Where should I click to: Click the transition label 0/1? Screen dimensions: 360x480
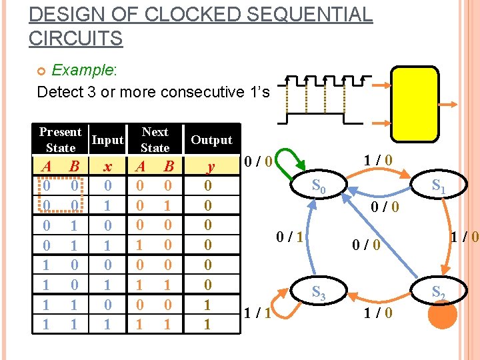[x=291, y=235]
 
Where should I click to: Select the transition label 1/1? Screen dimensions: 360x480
[x=257, y=313]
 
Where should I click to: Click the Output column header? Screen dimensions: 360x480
[x=211, y=140]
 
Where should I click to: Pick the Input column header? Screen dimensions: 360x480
[x=107, y=140]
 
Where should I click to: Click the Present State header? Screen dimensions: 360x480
[x=61, y=140]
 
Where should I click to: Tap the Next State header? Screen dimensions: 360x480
[x=155, y=140]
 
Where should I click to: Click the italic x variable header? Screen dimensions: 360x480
[x=107, y=166]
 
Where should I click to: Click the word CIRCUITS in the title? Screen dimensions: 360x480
[x=75, y=38]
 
